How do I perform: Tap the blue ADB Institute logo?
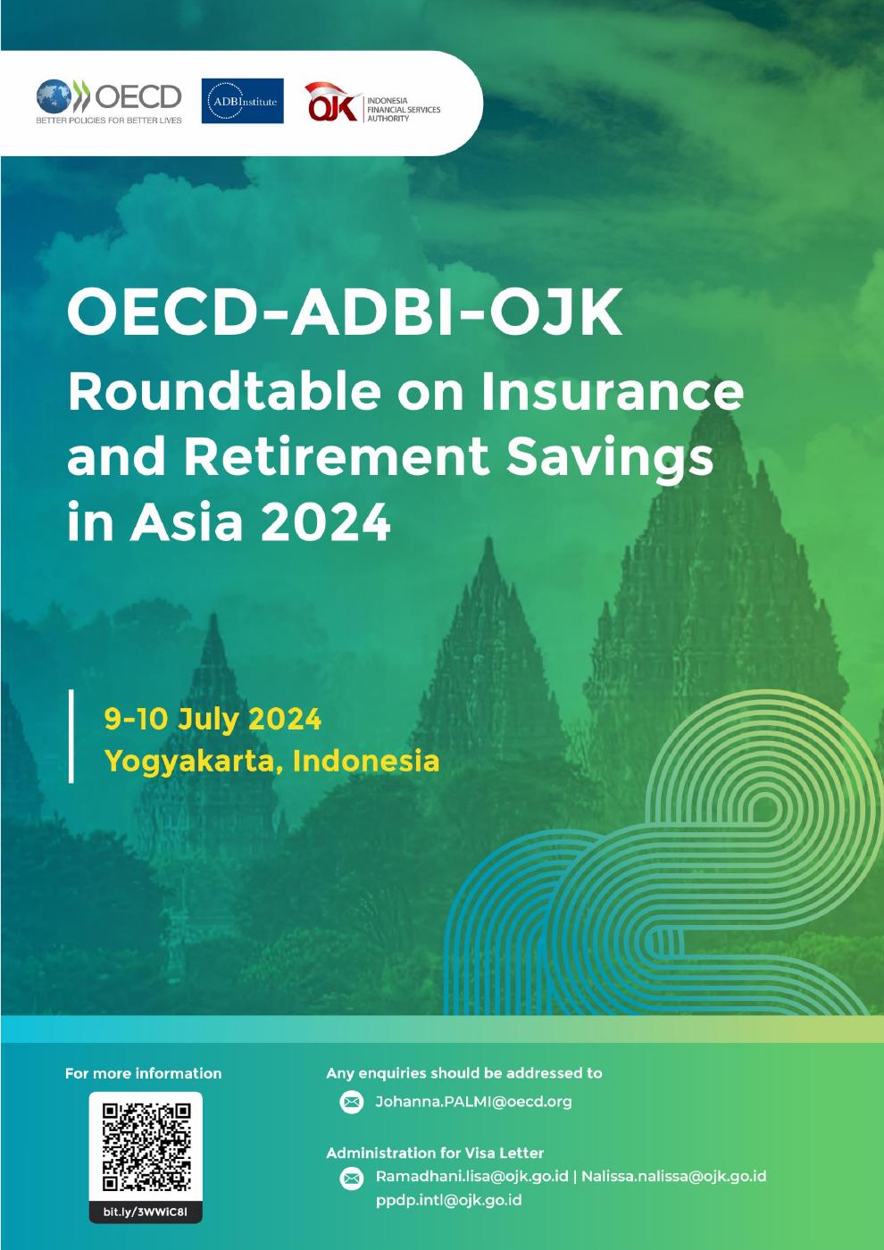pos(243,101)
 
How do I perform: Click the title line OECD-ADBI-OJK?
pos(345,313)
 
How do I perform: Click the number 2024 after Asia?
pos(325,522)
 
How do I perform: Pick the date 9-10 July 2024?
pos(213,719)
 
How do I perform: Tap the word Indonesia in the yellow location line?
pos(366,760)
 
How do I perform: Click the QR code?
pos(146,1146)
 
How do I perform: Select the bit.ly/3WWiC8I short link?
pos(146,1212)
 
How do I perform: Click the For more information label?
pos(143,1073)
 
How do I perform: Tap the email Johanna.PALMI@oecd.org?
pos(473,1102)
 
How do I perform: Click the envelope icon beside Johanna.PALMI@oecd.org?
pos(352,1103)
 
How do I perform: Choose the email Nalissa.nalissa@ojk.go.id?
pos(673,1176)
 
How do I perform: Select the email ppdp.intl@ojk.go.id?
pos(448,1200)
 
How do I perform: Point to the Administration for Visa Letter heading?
pos(435,1153)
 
